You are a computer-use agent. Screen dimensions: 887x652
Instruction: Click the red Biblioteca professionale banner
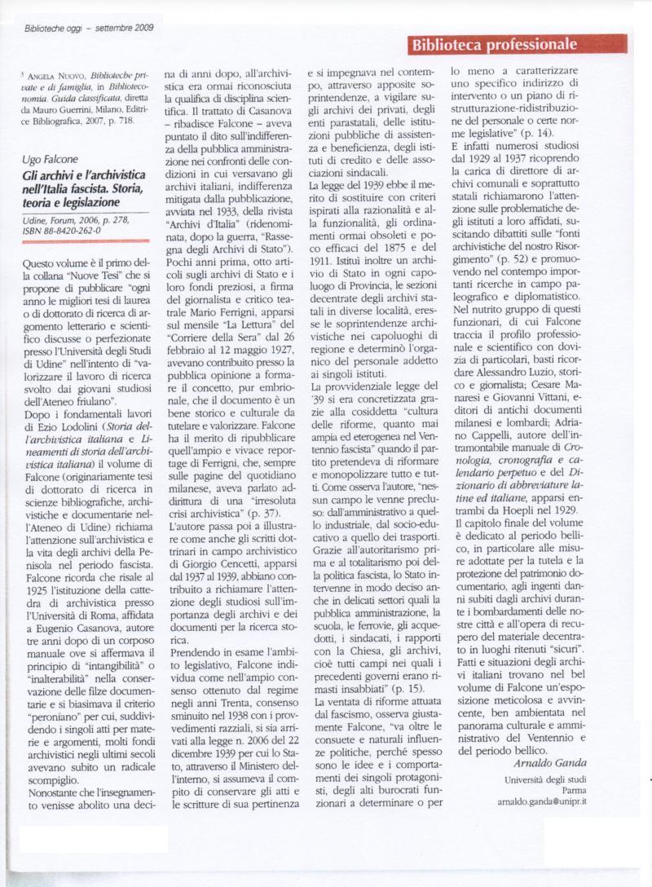click(518, 44)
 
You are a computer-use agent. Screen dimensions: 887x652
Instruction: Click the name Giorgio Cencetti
click(212, 563)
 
